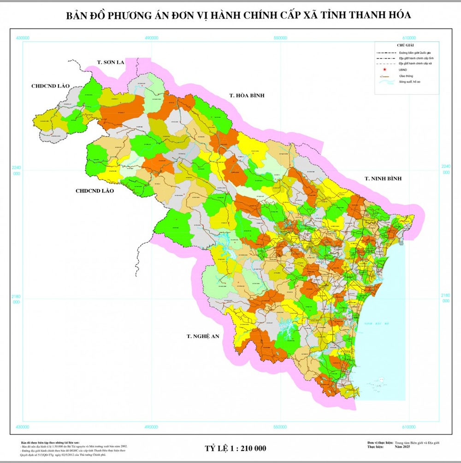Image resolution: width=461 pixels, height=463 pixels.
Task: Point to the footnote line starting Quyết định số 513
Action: [x=74, y=454]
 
